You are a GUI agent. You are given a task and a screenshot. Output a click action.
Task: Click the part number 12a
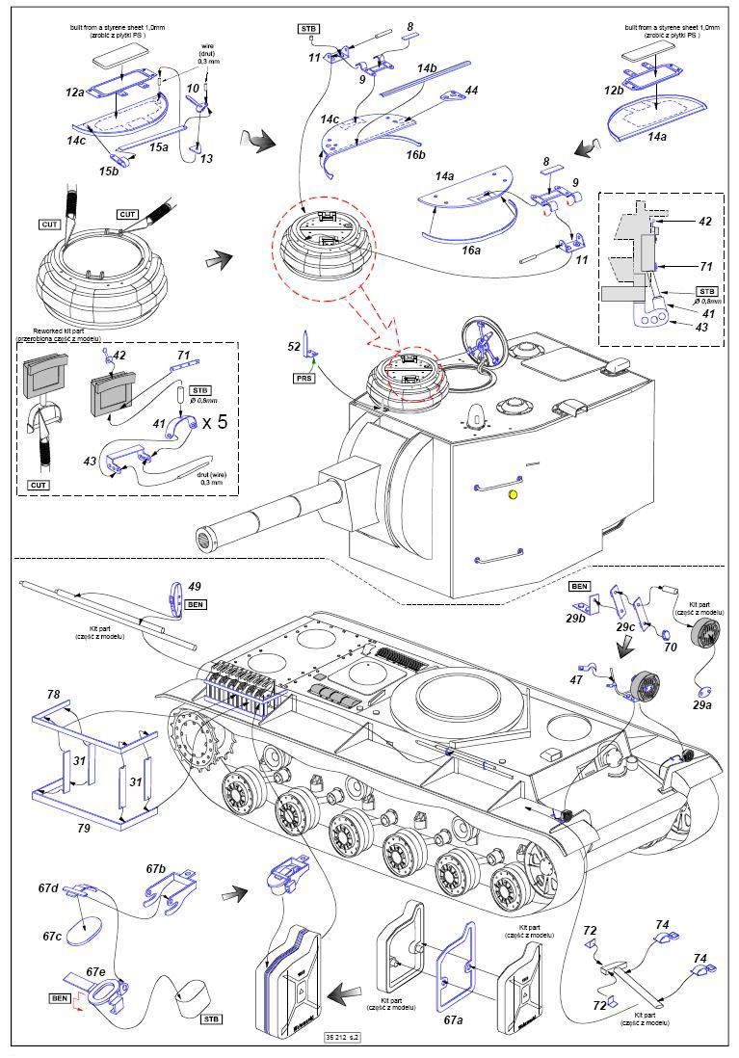75,93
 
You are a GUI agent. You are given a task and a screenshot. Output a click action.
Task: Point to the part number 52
294,345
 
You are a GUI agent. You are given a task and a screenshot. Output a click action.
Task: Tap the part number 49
194,585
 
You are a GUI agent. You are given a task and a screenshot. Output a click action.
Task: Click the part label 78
54,694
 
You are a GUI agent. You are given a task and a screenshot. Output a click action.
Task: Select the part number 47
576,680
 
